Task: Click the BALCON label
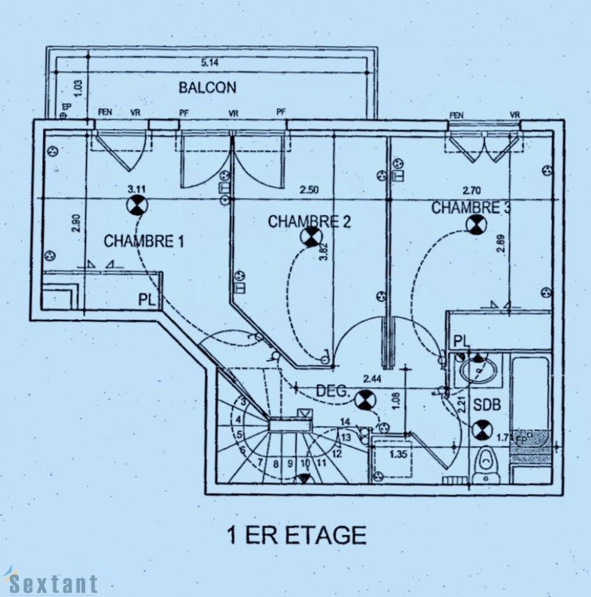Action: (207, 87)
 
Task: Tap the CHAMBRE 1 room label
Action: (143, 241)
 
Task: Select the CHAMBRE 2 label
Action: (309, 221)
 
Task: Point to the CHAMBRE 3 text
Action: (470, 207)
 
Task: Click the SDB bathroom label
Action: (487, 405)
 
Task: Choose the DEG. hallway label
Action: (333, 391)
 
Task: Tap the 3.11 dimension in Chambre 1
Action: (136, 189)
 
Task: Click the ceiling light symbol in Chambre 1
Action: (137, 205)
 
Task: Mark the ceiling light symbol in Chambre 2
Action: (310, 237)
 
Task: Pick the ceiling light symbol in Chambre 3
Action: (475, 224)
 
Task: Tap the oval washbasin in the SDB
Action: (479, 371)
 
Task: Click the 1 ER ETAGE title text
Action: (295, 535)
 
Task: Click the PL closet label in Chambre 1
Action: (146, 299)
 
